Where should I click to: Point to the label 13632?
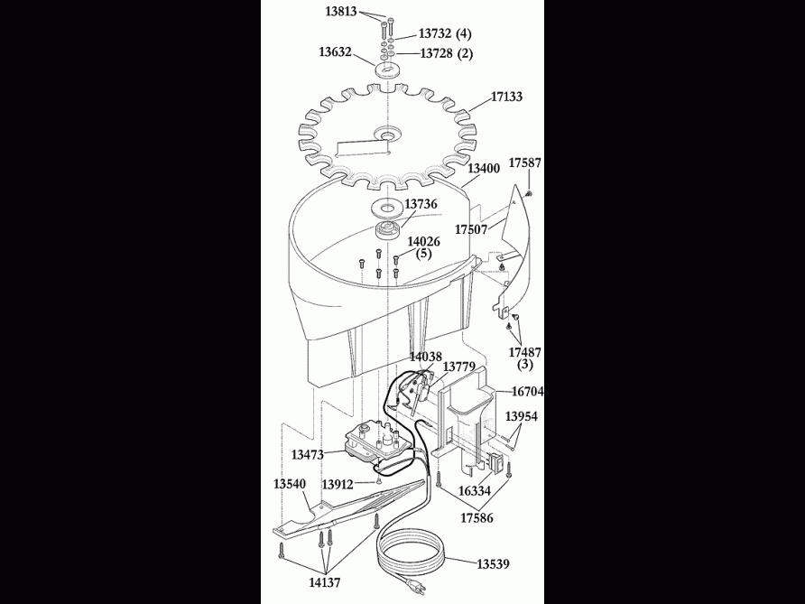(336, 52)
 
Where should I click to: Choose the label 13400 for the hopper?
(484, 168)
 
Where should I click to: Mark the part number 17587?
(525, 163)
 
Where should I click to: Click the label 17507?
(471, 229)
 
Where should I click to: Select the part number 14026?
(423, 241)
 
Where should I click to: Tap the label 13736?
(421, 204)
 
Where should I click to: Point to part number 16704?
(527, 392)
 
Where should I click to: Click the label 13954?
(522, 416)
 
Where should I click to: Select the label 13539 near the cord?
(495, 564)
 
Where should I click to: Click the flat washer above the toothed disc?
(388, 69)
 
